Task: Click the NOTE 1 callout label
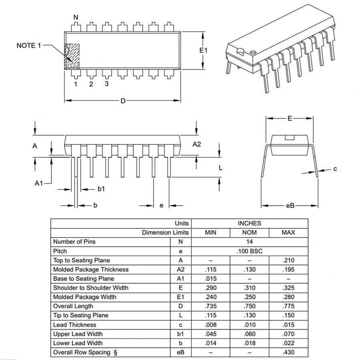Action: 29,46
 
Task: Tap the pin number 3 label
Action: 107,84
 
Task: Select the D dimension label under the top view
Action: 123,101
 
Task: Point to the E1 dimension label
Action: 204,50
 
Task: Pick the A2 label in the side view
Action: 197,144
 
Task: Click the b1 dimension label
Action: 101,189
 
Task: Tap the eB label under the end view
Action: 290,206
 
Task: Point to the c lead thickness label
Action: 335,169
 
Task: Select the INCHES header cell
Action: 249,223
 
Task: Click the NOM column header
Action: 249,232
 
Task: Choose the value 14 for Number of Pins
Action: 249,242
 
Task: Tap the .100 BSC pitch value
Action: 249,251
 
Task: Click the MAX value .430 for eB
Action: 288,352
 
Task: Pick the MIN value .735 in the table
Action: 210,306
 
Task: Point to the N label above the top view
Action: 76,17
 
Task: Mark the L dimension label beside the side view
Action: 220,168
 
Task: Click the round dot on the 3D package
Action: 253,52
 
